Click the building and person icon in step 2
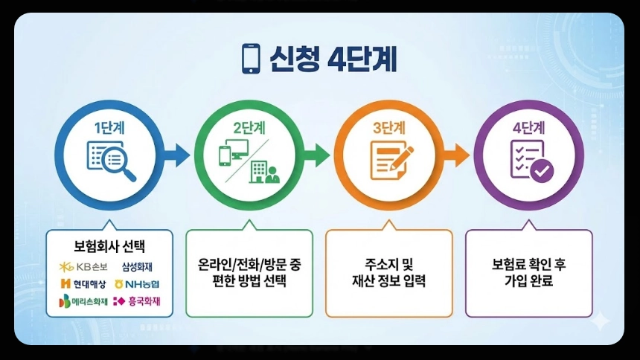point(263,172)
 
